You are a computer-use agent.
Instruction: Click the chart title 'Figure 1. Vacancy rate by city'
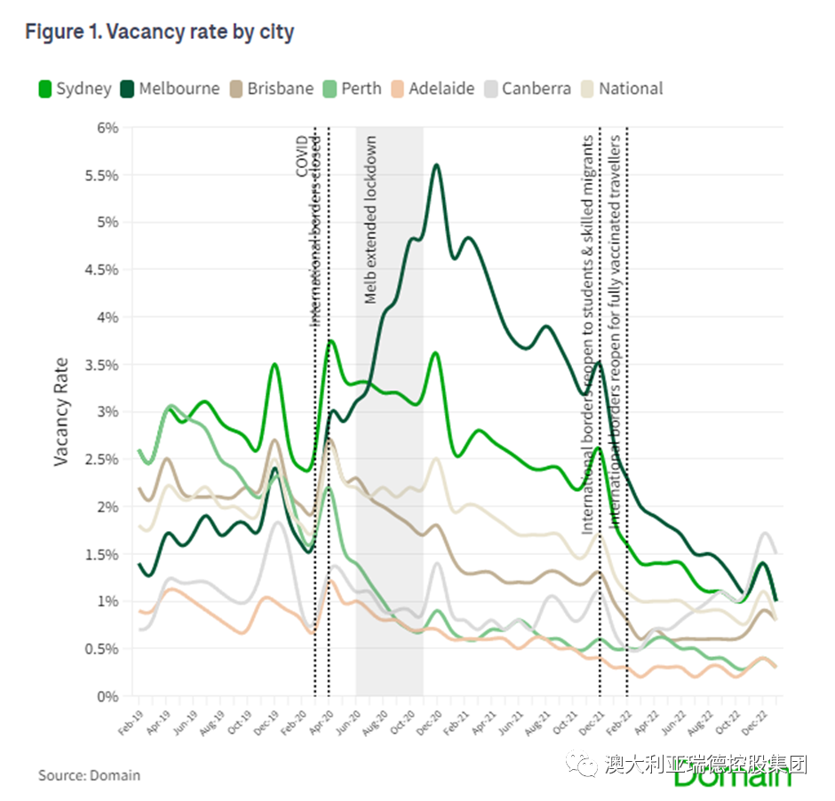160,33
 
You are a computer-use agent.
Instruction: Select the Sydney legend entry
75,89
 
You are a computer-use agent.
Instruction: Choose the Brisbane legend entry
270,89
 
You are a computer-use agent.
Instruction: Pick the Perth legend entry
352,89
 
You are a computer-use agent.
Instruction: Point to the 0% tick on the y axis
107,696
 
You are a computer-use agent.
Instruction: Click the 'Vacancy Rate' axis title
61,411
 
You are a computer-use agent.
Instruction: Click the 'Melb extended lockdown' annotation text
371,219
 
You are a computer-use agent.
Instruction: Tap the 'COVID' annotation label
302,156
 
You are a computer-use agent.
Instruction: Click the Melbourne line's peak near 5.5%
436,165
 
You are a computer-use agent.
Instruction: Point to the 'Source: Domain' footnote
89,775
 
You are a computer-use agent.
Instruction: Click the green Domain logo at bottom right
732,778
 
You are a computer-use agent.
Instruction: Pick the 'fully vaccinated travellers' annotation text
616,266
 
